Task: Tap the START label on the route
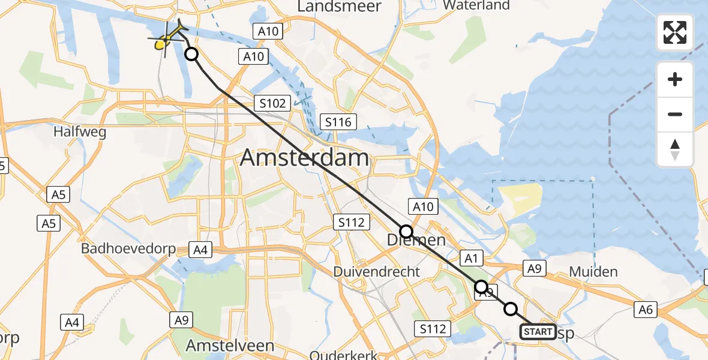click(x=538, y=332)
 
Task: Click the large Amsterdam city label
click(x=305, y=158)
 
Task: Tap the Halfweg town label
click(x=80, y=131)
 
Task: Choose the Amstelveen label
click(x=230, y=346)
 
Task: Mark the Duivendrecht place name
click(x=377, y=271)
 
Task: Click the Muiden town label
click(x=593, y=272)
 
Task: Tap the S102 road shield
click(x=273, y=103)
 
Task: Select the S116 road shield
click(x=338, y=122)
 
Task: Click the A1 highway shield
click(x=471, y=258)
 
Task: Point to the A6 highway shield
click(x=646, y=309)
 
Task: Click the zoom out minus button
click(x=675, y=114)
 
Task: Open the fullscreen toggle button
click(x=675, y=32)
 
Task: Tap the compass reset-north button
click(x=675, y=149)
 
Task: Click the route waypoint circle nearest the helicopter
click(x=191, y=55)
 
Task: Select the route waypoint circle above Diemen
click(x=406, y=231)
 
